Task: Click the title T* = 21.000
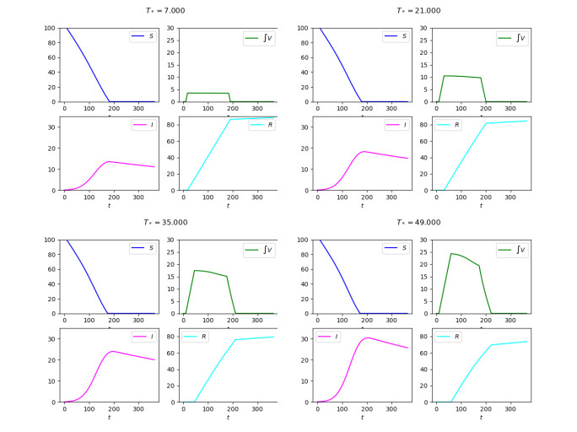[x=418, y=10]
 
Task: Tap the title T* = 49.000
[x=418, y=223]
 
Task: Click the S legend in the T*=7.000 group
[x=141, y=37]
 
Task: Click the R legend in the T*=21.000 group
[x=450, y=125]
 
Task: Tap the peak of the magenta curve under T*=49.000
[x=368, y=337]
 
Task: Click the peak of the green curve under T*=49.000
[x=451, y=253]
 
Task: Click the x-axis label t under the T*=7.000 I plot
[x=110, y=205]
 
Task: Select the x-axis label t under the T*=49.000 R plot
[x=481, y=417]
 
